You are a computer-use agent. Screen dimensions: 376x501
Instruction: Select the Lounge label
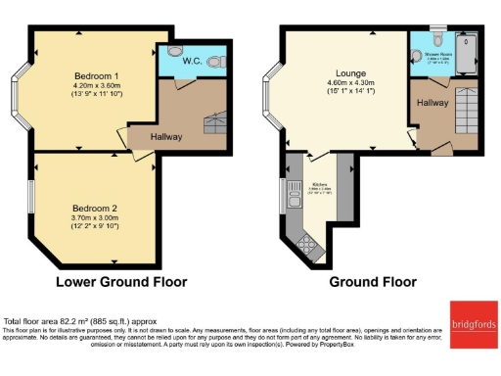click(x=351, y=72)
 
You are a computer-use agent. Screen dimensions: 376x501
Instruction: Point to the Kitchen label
click(x=320, y=182)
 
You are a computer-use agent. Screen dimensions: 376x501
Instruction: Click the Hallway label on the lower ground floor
click(x=165, y=136)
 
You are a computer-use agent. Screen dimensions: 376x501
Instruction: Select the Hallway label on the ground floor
click(x=432, y=101)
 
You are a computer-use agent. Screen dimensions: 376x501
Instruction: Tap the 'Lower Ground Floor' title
click(x=121, y=281)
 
